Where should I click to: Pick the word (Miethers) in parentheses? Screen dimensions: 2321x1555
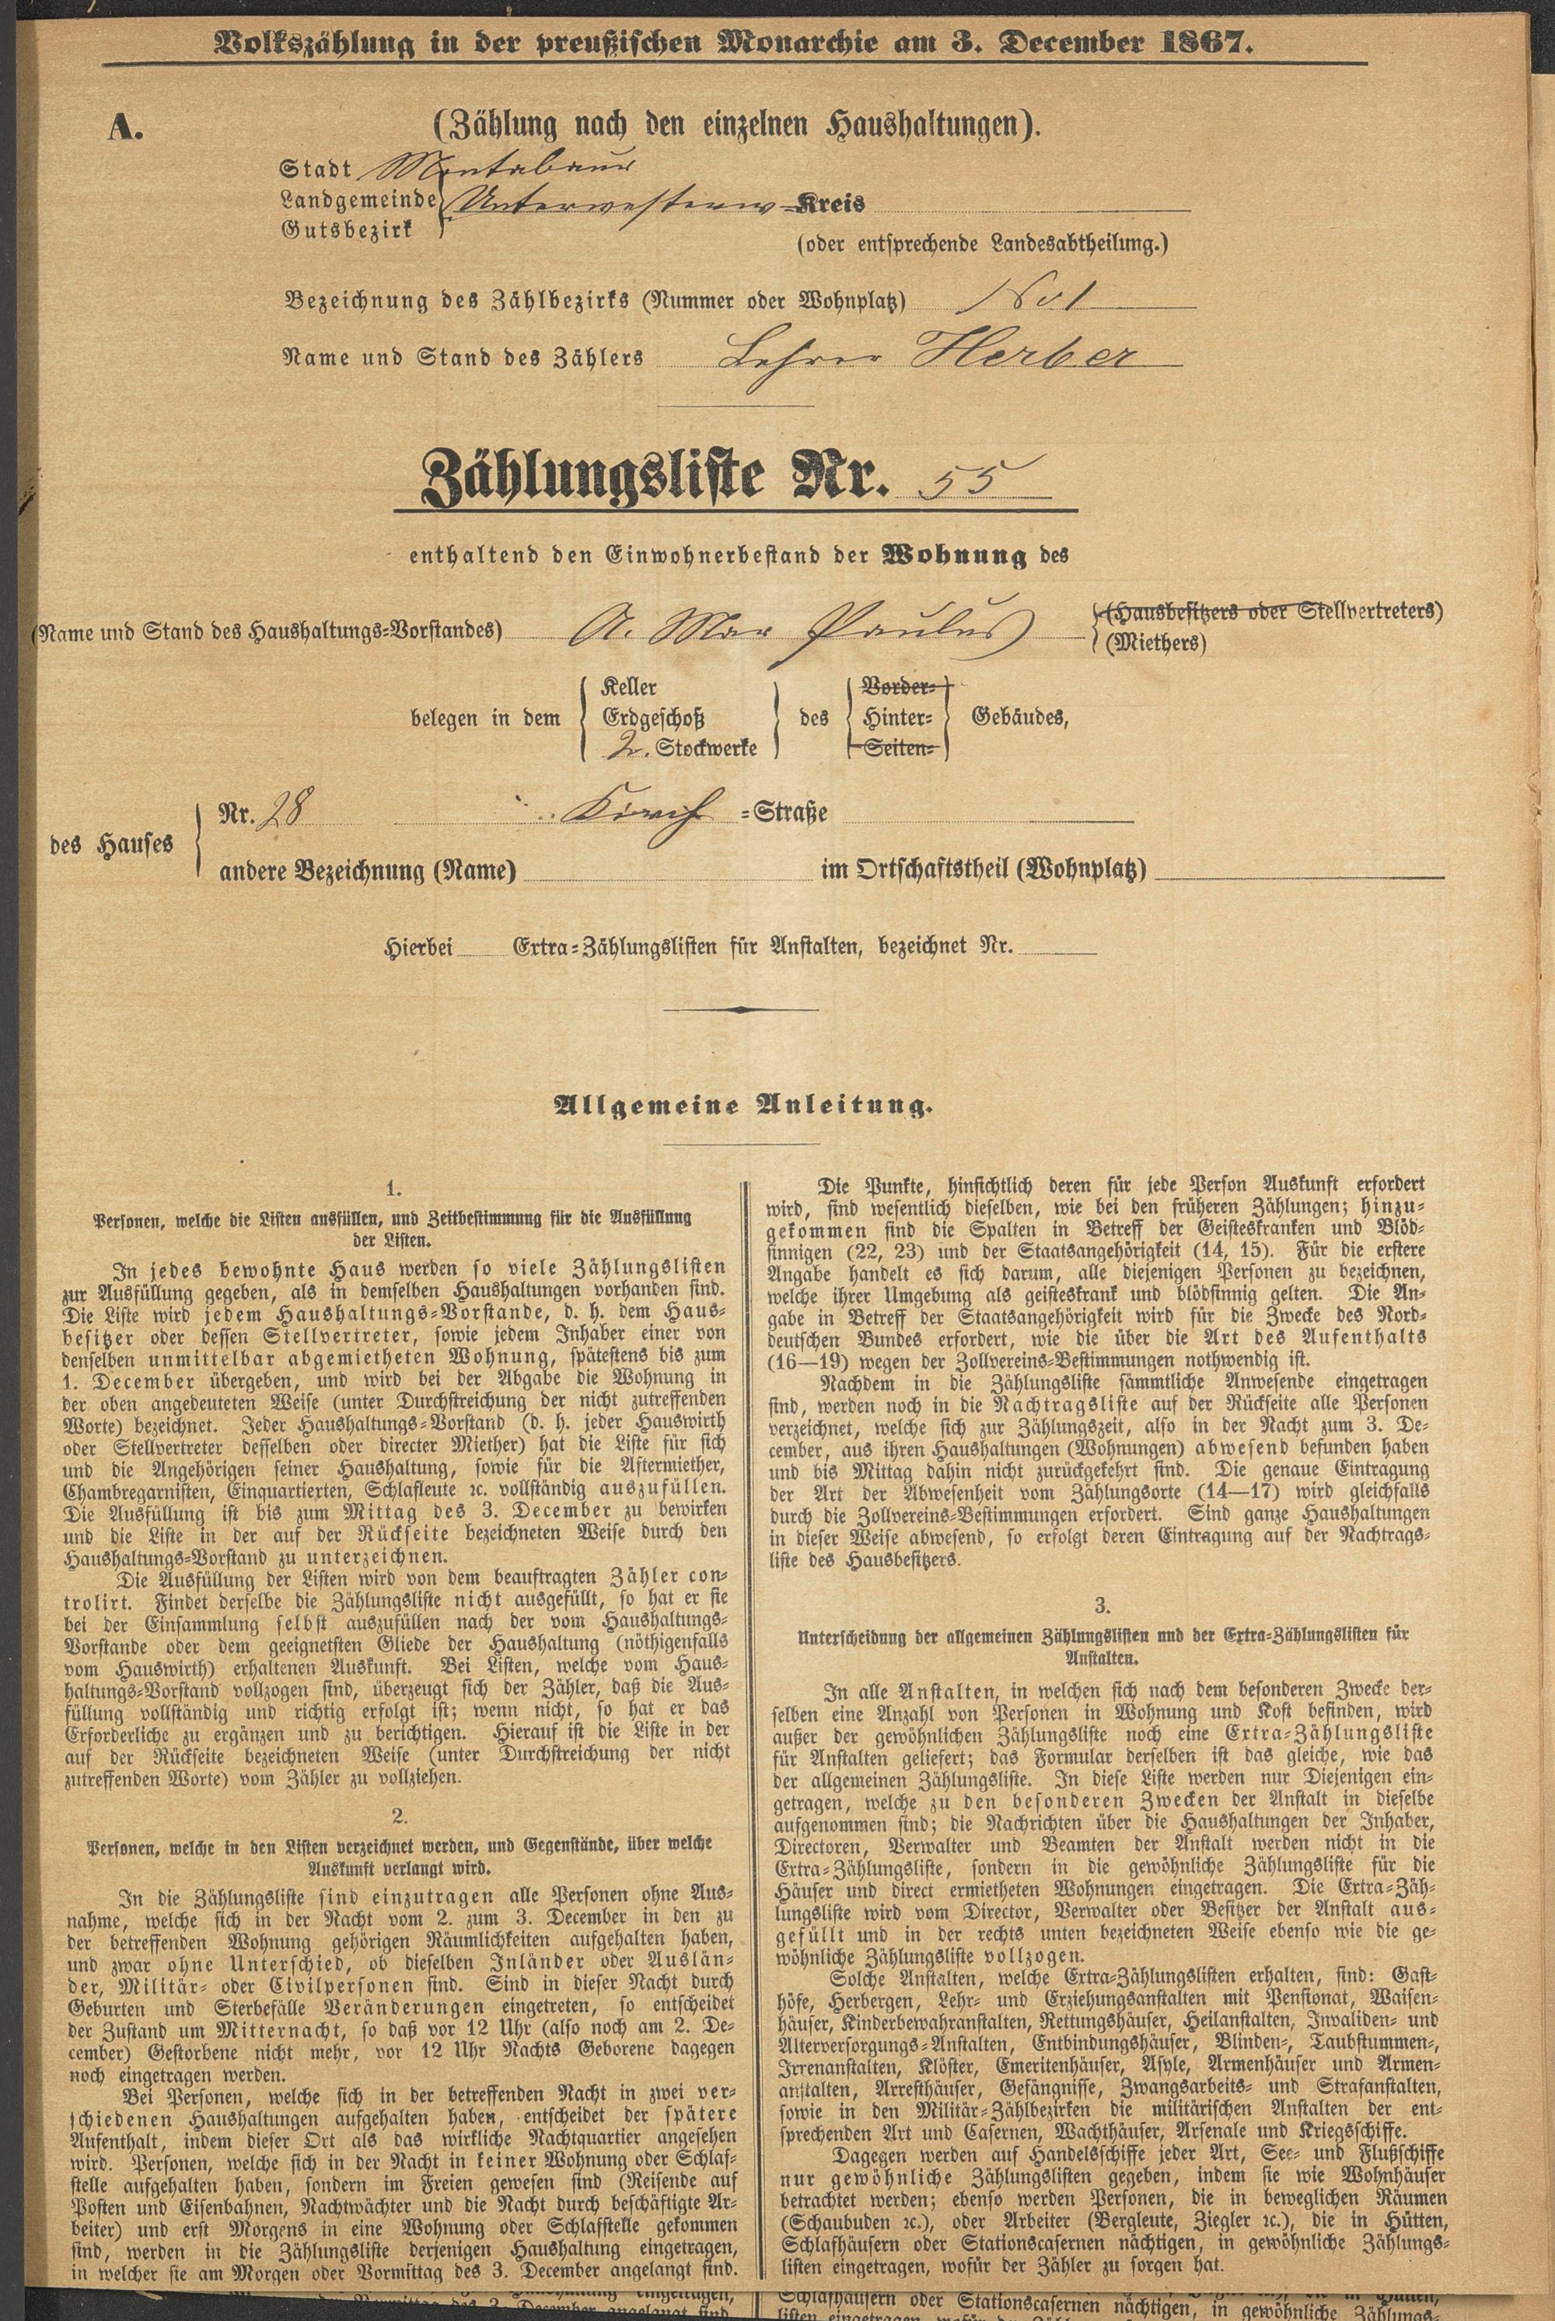(1156, 645)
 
